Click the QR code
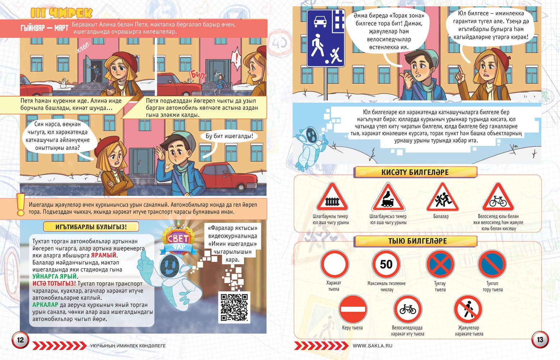[x=234, y=307]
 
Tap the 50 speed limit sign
[x=386, y=264]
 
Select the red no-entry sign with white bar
[x=353, y=309]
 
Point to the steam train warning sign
[x=388, y=197]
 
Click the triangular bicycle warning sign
[x=498, y=197]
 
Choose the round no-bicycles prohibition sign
[x=408, y=309]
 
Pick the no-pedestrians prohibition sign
[x=468, y=309]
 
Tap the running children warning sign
[x=442, y=197]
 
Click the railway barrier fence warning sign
[x=332, y=197]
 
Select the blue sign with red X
[x=440, y=264]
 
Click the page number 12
[x=20, y=340]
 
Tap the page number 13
[x=540, y=339]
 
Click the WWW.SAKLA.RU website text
[x=372, y=346]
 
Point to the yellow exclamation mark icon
[x=21, y=204]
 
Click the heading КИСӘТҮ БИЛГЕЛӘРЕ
[x=415, y=172]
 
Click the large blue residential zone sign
[x=326, y=38]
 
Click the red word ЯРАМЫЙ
[x=104, y=255]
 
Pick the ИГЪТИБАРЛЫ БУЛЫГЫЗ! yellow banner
[x=91, y=227]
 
